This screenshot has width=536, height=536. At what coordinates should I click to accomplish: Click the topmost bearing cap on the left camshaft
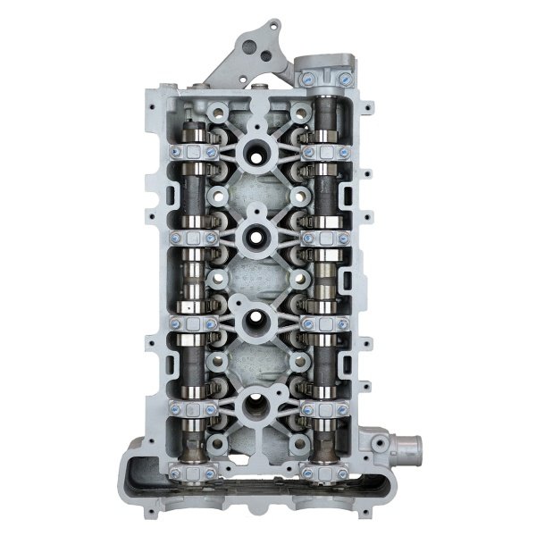[193, 152]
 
